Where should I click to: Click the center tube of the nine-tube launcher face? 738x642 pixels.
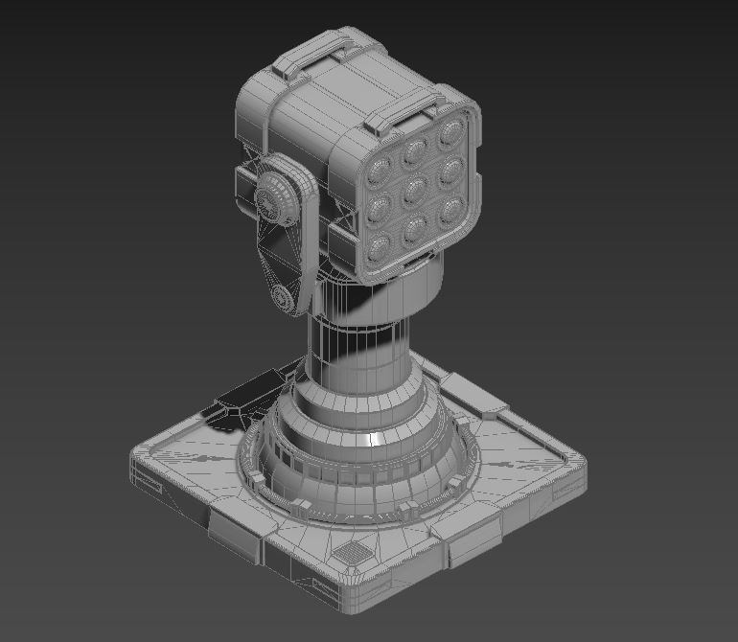pos(416,191)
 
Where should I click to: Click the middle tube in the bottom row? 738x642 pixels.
pos(416,230)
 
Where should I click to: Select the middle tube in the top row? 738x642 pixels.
pos(415,152)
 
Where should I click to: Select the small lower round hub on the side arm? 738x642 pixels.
pos(285,298)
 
